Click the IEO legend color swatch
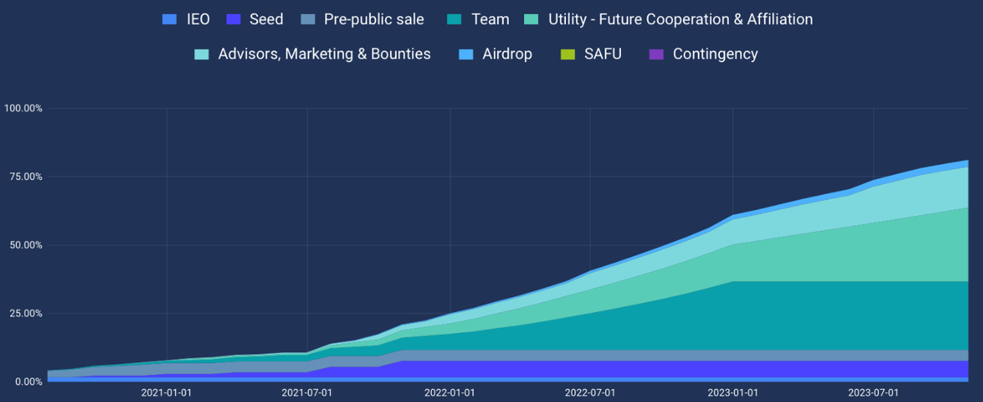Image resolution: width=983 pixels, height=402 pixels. pos(170,19)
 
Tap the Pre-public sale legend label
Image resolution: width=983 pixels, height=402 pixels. pos(374,19)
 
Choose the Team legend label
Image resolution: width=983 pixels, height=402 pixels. pos(491,19)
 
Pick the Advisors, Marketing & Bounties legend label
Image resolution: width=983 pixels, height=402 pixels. pos(324,54)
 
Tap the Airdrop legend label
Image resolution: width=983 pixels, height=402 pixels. pos(507,54)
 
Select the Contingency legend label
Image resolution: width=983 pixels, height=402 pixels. pos(715,54)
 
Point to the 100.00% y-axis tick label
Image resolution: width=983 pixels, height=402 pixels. pos(23,108)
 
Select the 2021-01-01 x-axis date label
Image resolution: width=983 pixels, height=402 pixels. pos(166,393)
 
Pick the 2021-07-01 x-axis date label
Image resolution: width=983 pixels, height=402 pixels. pos(307,393)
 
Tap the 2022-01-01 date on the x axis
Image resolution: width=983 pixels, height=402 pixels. pos(450,393)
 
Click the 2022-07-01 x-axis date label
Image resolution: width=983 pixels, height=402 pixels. pos(590,393)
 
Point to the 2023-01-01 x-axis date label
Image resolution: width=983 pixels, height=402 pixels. pos(732,393)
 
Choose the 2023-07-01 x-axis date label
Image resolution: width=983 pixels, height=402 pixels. pos(873,393)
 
